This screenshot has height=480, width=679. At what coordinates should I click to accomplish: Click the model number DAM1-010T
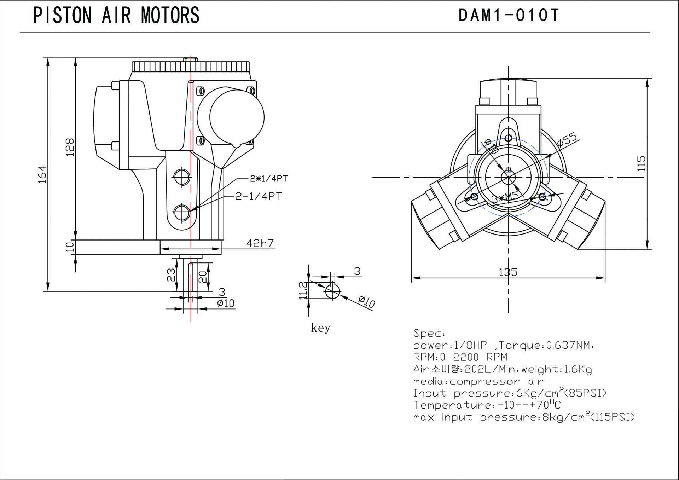pos(509,16)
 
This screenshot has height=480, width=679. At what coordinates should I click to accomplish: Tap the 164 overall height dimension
pos(42,174)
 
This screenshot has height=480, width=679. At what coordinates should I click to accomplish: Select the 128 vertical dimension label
pos(70,147)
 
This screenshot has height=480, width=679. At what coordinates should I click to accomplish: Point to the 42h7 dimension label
pos(260,243)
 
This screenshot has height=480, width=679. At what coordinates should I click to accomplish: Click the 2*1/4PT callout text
pos(269,179)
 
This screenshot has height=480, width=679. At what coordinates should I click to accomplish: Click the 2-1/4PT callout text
pos(259,196)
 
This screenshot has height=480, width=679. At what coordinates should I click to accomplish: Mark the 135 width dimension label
pos(508,272)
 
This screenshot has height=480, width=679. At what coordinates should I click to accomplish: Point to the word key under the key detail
pos(320,328)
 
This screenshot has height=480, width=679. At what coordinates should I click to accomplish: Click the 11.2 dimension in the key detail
pos(303,290)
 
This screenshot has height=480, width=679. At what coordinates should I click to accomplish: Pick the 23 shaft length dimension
pos(171,275)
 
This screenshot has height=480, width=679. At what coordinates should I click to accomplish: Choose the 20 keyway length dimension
pos(202,276)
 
